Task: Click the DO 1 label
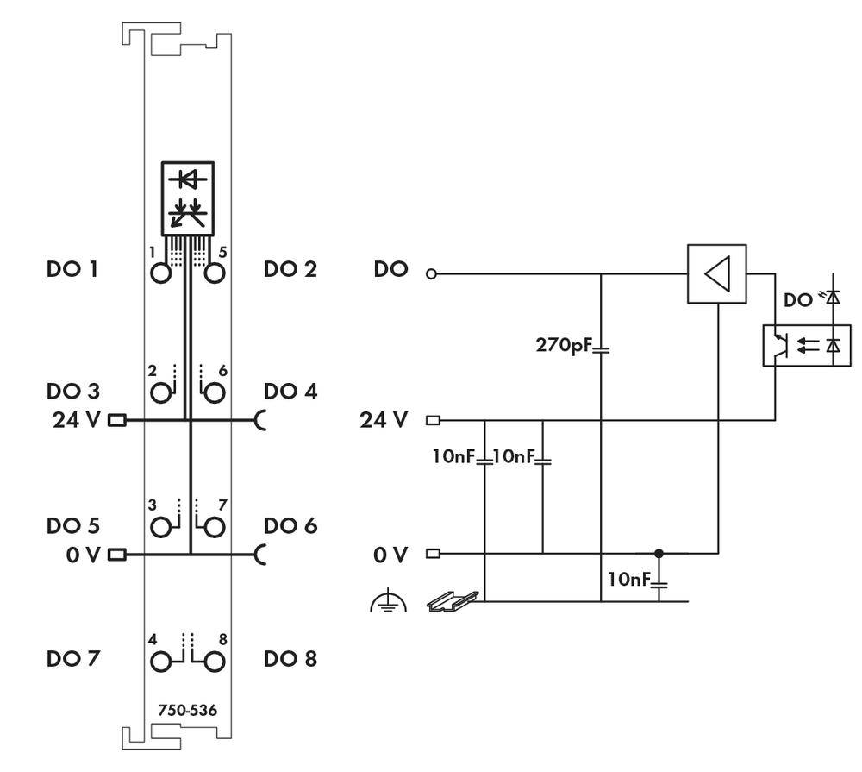[x=72, y=269]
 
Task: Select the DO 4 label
[x=290, y=391]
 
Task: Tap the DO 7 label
[x=72, y=659]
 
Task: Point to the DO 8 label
[x=290, y=659]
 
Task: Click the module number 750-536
[x=187, y=711]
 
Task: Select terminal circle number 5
[x=215, y=274]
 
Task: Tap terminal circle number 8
[x=215, y=661]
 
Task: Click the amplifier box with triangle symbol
[x=716, y=274]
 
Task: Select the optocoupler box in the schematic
[x=807, y=346]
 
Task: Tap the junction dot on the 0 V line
[x=659, y=553]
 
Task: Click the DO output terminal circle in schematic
[x=433, y=275]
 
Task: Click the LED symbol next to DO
[x=833, y=298]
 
